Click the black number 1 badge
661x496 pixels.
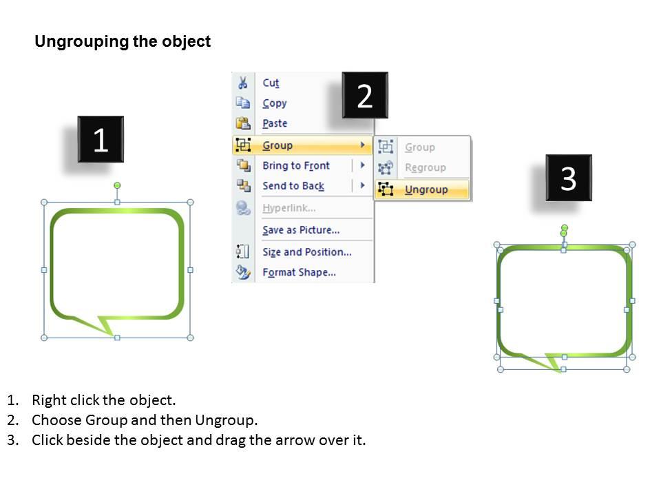tap(101, 140)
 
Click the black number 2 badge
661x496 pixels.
tap(365, 96)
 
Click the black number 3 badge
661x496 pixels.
tap(568, 178)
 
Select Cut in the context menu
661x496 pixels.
tap(271, 83)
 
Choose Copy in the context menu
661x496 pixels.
tap(274, 103)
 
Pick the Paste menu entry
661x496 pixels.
tap(275, 123)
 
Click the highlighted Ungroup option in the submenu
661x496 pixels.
tap(426, 189)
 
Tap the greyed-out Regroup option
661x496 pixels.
tap(425, 167)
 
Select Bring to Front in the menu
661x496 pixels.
tap(296, 165)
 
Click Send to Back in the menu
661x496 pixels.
tap(293, 186)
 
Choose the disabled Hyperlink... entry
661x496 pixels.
tap(288, 207)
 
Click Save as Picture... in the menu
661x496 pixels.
tap(301, 230)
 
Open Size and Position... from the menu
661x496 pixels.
tap(306, 252)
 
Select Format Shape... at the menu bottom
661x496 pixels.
tap(299, 272)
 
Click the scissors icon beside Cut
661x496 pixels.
tap(242, 83)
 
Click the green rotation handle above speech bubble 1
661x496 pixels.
tap(117, 185)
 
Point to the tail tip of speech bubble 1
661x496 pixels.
tap(112, 335)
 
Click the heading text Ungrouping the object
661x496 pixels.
tap(123, 41)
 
